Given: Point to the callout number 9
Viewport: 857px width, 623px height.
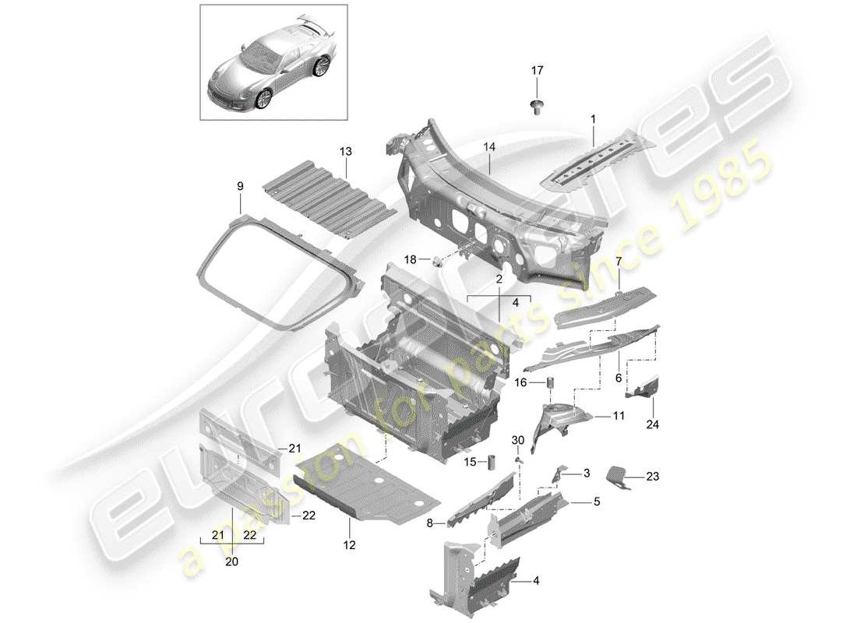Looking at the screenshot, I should [240, 186].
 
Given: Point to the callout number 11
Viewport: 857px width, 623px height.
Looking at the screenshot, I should [619, 417].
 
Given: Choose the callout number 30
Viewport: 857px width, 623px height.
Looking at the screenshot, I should [517, 442].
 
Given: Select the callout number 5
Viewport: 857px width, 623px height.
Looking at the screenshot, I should [597, 502].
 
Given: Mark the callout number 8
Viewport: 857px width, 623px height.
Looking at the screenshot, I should [429, 523].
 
